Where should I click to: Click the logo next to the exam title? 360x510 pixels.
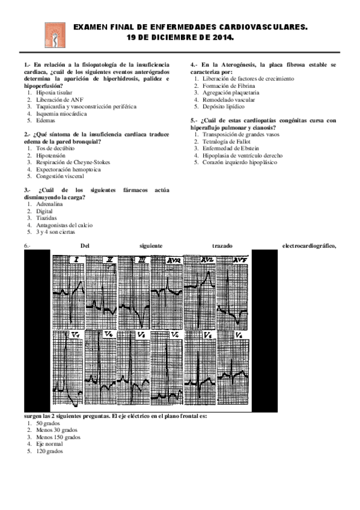(54, 34)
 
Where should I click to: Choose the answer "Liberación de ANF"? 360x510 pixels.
(58, 99)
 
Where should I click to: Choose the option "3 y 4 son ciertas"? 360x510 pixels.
(57, 232)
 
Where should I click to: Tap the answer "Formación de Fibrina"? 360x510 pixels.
(228, 86)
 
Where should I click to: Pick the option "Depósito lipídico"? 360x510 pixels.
(223, 106)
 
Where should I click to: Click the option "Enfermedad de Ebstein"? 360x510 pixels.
(231, 148)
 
